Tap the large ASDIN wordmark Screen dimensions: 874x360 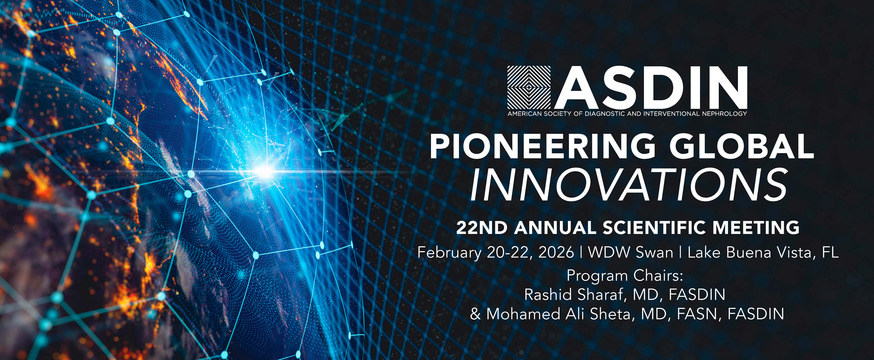pyautogui.click(x=651, y=88)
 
